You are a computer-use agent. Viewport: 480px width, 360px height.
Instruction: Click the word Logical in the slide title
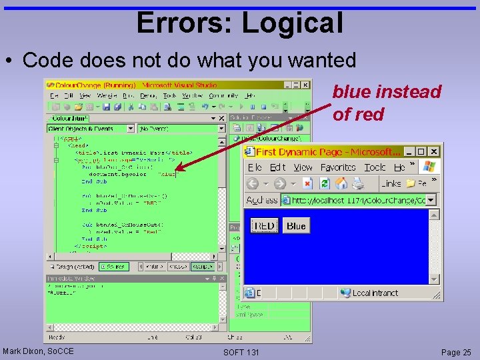click(x=292, y=23)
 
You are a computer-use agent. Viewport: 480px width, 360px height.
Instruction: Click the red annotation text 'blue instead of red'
click(x=387, y=103)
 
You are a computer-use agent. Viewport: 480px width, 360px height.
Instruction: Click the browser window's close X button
click(x=433, y=151)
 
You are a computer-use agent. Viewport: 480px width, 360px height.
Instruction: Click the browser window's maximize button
click(x=421, y=151)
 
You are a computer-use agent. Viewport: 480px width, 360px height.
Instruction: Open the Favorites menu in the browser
click(x=338, y=167)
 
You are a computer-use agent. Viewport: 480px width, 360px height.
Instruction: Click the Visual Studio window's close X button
click(x=305, y=85)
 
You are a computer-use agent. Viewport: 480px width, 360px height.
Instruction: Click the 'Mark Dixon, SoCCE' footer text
click(x=38, y=351)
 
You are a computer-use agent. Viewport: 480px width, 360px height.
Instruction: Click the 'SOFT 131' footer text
click(x=241, y=351)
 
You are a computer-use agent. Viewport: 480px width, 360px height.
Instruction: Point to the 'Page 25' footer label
click(x=456, y=351)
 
